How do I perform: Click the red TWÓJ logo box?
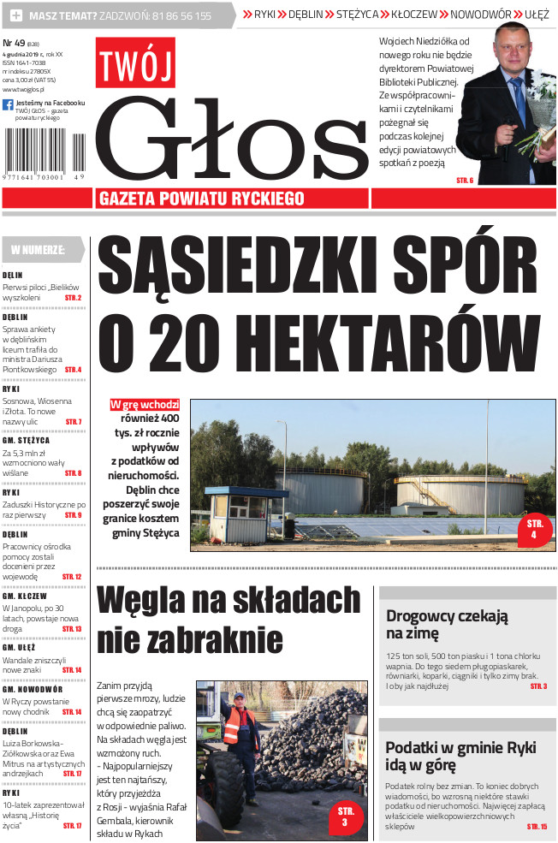click(135, 62)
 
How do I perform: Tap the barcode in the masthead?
click(45, 153)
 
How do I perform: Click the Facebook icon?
click(8, 104)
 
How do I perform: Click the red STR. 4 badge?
click(535, 530)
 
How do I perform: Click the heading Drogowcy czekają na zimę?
click(447, 624)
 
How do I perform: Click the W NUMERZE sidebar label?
click(39, 250)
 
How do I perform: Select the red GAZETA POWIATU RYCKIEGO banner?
click(202, 199)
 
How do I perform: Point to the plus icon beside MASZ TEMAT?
click(15, 15)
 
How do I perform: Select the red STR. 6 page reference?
click(465, 180)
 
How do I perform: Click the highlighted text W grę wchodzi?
click(145, 404)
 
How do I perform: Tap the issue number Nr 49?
click(14, 42)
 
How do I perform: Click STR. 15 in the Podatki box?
click(537, 826)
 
